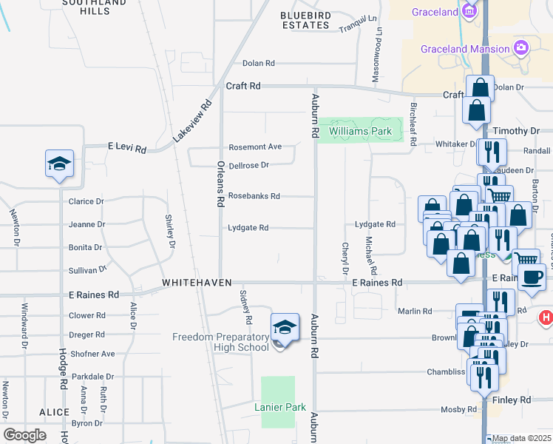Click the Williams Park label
360,132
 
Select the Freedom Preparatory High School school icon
285,326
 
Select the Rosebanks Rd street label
254,196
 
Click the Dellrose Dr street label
248,165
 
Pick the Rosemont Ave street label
255,147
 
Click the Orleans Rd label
220,184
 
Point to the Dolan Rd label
259,64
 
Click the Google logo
25,435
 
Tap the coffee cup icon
532,277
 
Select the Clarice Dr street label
86,201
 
